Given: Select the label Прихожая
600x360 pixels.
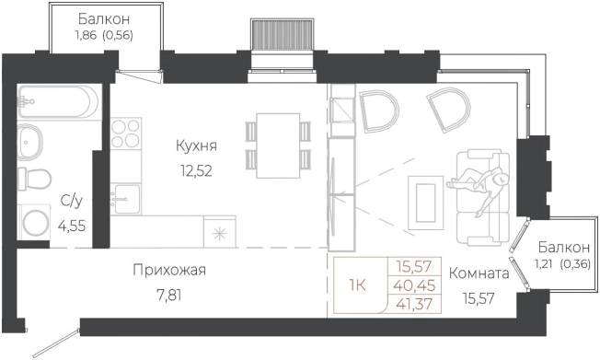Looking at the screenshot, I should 169,270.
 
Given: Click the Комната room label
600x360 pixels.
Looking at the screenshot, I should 479,273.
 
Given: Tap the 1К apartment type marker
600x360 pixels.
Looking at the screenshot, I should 356,284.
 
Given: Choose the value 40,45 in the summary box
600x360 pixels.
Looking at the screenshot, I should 415,284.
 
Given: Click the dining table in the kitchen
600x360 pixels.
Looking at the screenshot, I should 277,145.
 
